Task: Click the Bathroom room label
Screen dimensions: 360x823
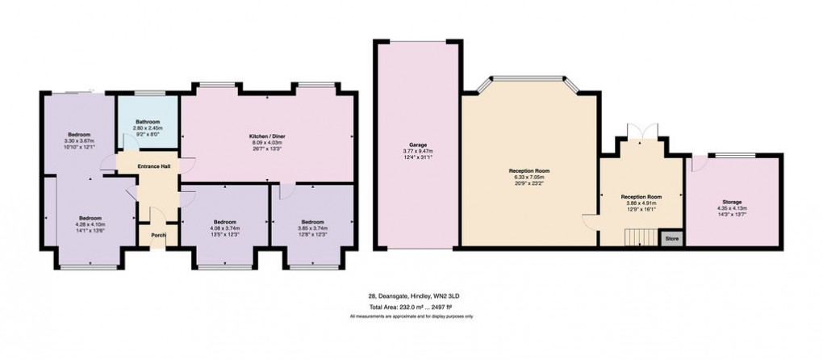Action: (148, 122)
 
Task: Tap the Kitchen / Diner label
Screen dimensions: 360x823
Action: (266, 136)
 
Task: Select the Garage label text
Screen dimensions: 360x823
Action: (417, 144)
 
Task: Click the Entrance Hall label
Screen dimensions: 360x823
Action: (152, 166)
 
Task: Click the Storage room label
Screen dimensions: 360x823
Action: (732, 202)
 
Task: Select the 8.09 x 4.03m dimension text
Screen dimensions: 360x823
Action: (266, 142)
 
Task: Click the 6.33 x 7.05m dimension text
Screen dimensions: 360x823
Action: (528, 178)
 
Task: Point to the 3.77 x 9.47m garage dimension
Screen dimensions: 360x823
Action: (417, 151)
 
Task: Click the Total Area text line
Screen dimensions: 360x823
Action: (411, 308)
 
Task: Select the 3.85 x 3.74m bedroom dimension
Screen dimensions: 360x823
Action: (311, 228)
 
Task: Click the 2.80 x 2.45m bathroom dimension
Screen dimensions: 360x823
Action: (148, 128)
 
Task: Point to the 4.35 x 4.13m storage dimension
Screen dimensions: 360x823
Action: (732, 207)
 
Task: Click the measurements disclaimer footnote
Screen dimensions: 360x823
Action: (411, 316)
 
